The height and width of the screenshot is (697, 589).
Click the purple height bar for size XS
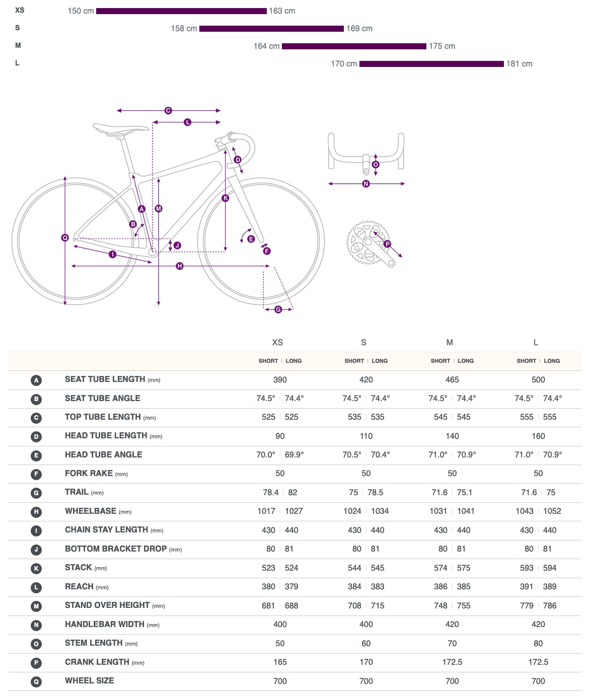pyautogui.click(x=181, y=11)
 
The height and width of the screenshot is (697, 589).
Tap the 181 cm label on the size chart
pyautogui.click(x=520, y=64)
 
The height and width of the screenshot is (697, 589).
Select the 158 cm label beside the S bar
pyautogui.click(x=184, y=29)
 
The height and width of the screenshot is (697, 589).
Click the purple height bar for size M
pyautogui.click(x=354, y=46)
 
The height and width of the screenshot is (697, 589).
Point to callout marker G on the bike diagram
pyautogui.click(x=278, y=309)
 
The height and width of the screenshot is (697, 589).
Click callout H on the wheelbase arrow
pyautogui.click(x=180, y=266)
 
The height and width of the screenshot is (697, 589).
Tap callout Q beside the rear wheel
pyautogui.click(x=65, y=238)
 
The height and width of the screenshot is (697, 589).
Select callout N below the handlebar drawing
pyautogui.click(x=366, y=184)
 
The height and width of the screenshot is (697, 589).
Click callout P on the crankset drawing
pyautogui.click(x=387, y=244)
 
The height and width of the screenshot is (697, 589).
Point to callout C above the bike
pyautogui.click(x=168, y=111)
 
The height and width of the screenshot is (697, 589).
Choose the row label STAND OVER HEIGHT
pyautogui.click(x=107, y=605)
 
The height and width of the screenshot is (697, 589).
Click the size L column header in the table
pyautogui.click(x=536, y=343)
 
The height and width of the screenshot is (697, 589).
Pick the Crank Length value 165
pyautogui.click(x=280, y=662)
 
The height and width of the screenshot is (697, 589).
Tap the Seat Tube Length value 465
pyautogui.click(x=452, y=380)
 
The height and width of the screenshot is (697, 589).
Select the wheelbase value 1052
pyautogui.click(x=552, y=511)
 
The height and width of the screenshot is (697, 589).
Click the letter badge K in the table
pyautogui.click(x=36, y=569)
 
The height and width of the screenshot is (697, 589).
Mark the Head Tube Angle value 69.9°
pyautogui.click(x=294, y=455)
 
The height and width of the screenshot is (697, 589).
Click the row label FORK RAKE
pyautogui.click(x=89, y=474)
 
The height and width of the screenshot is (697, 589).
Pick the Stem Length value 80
pyautogui.click(x=538, y=644)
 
